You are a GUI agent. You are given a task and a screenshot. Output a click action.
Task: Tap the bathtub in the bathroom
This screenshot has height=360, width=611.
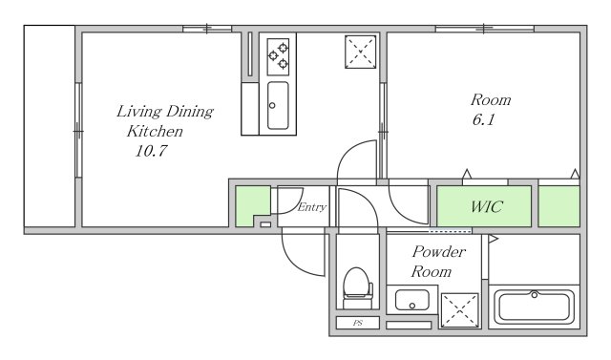point(535,307)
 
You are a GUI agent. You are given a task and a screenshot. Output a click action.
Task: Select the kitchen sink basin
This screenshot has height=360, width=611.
point(278,105)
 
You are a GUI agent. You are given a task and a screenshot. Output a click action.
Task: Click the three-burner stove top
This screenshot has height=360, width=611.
point(278,57)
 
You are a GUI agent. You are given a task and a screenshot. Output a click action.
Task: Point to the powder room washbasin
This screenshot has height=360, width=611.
point(411,301)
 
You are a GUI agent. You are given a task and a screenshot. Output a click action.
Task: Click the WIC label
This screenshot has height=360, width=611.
point(487,206)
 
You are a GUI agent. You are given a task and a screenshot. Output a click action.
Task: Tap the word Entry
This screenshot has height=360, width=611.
point(312,207)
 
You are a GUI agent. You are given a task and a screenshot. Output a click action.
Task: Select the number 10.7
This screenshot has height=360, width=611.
point(151,151)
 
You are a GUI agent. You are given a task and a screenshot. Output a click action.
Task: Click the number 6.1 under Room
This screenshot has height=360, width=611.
point(484,119)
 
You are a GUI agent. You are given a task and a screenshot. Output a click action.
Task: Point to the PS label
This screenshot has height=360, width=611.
point(358,323)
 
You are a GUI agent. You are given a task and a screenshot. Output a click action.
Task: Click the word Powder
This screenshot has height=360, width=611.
point(439,252)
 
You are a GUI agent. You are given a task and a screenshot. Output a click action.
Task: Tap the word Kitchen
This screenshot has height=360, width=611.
point(155,131)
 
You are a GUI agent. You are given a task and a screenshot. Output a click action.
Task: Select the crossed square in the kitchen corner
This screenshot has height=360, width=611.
point(361,52)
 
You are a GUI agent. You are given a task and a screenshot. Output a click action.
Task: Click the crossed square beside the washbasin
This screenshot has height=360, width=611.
point(460,310)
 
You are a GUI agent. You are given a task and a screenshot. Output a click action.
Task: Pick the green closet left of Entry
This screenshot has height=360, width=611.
point(251,205)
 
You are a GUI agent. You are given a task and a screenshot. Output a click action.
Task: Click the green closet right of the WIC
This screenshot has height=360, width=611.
point(559,206)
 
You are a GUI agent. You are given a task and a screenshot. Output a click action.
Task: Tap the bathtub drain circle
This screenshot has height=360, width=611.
point(535,295)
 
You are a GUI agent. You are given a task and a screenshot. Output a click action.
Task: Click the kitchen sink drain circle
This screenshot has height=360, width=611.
point(272,105)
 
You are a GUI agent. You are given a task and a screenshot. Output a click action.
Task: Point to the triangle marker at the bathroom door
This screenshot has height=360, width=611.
point(494,239)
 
